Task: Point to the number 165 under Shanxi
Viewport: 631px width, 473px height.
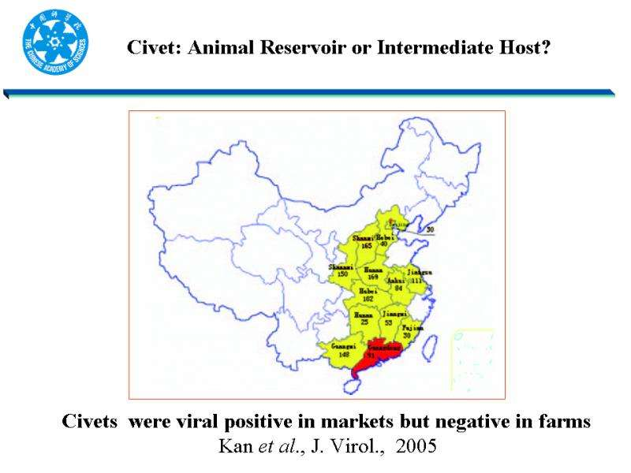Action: point(366,246)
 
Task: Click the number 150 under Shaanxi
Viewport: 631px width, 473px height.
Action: point(342,274)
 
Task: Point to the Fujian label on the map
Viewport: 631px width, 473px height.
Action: point(413,327)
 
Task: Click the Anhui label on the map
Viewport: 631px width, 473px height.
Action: point(398,281)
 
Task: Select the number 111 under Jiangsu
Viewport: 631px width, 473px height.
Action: point(417,281)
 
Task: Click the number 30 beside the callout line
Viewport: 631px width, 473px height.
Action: point(430,230)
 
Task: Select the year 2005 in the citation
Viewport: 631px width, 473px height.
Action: point(416,446)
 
